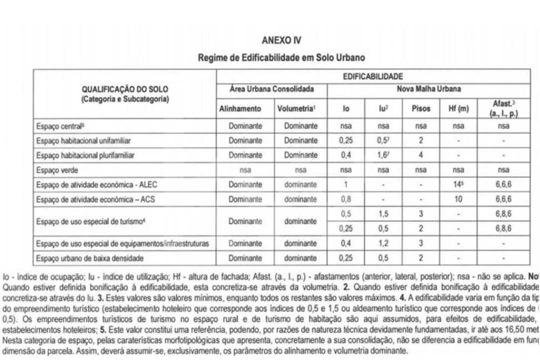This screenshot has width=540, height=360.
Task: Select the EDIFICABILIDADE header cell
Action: [x=373, y=76]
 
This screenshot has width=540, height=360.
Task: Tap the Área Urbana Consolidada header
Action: [x=271, y=90]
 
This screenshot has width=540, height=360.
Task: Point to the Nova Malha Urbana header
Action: [x=429, y=90]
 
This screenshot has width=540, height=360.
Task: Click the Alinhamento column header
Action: [x=245, y=108]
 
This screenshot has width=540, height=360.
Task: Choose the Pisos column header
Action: [x=421, y=108]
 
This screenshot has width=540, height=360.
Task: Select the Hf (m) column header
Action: [x=458, y=108]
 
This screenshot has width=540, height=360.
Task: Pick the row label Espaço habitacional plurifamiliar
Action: [x=84, y=155]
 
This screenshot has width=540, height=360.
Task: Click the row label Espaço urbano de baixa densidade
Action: [x=84, y=258]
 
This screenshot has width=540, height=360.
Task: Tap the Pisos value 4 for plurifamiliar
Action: [x=421, y=155]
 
